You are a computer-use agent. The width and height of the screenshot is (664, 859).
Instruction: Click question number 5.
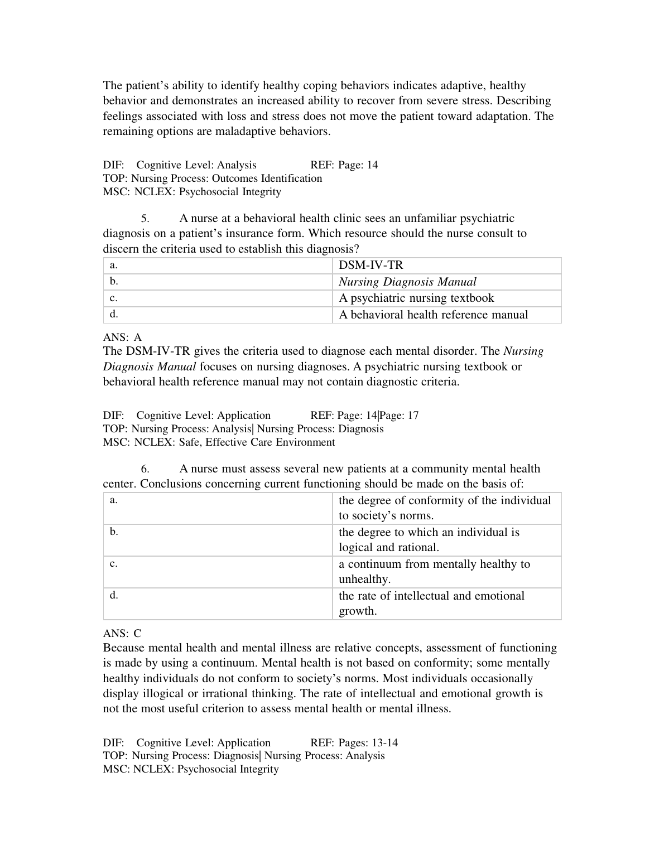coord(145,219)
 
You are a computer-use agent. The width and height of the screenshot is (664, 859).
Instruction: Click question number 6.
coord(145,469)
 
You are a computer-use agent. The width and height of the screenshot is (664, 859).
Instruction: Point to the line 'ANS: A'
coord(122,337)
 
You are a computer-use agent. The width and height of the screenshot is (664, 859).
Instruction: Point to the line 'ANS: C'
coord(122,634)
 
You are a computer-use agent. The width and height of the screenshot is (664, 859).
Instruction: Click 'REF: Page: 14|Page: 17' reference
coord(364,416)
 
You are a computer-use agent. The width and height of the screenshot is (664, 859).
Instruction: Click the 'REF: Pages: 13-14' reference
coord(354,743)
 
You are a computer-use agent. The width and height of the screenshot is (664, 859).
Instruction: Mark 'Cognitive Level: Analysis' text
coord(196,165)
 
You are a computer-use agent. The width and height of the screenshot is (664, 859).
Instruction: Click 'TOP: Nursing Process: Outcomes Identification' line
coord(213,178)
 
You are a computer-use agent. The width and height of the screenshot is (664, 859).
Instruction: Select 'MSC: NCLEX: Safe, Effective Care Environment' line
coord(219,442)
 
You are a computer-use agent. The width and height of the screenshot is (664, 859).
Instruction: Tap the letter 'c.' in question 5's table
coord(114,298)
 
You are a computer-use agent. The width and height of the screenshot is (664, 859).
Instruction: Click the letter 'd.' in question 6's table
coord(114,595)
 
